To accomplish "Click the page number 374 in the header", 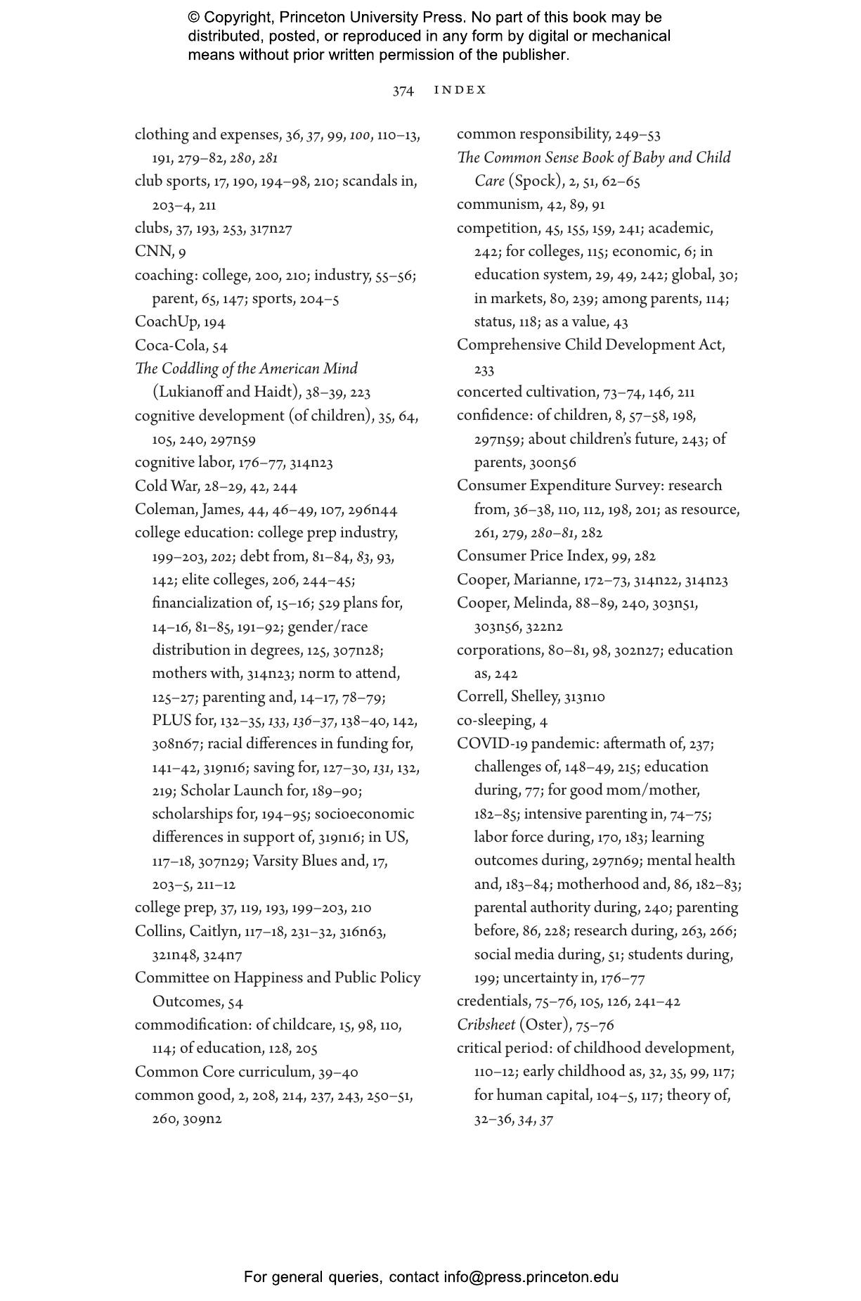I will [x=403, y=91].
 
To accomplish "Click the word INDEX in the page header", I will [x=460, y=90].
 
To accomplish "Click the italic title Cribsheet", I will [x=486, y=1025].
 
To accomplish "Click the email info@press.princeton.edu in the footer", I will [x=531, y=1277].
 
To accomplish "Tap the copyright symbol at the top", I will [x=194, y=18].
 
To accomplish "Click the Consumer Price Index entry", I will [x=531, y=556].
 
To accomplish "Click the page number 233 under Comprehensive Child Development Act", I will [x=484, y=369].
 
